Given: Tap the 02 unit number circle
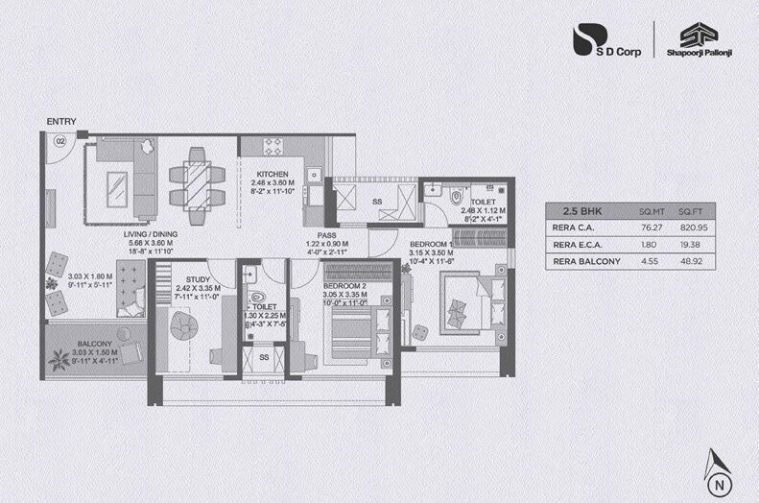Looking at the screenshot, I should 59,141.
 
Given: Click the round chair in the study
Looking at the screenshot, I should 185,327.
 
